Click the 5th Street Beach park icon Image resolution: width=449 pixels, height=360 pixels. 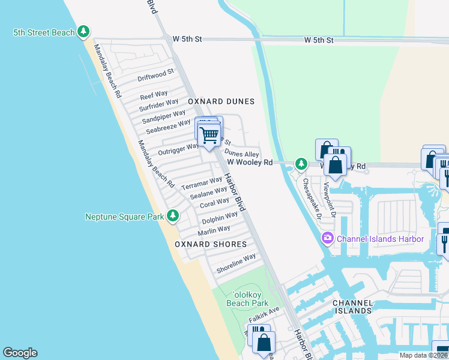click(83, 32)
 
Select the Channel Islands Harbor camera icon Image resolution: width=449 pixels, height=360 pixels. click(327, 239)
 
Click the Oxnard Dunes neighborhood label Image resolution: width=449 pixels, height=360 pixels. click(221, 102)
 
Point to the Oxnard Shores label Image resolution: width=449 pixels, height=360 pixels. click(211, 244)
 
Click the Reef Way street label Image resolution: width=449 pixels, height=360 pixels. click(154, 95)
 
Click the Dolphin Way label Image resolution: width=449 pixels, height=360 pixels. click(220, 217)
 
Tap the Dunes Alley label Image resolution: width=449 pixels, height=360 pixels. click(241, 154)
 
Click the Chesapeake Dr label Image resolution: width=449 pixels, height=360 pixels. click(312, 197)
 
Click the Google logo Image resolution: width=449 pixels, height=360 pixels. click(20, 353)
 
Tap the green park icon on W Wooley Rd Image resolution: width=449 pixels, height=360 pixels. click(301, 164)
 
